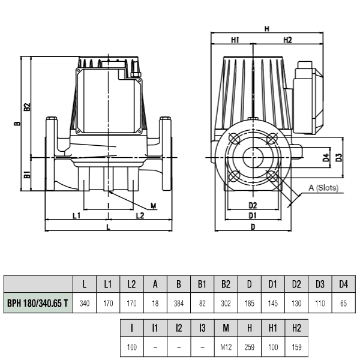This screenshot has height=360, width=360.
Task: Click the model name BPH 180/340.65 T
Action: click(38, 303)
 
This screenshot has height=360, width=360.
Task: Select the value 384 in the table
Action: click(179, 304)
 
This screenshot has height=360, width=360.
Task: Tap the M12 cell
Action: click(226, 347)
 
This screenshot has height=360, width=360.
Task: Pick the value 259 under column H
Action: click(250, 347)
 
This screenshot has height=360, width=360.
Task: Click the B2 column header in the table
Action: click(226, 284)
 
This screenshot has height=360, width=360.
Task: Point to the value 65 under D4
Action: click(343, 304)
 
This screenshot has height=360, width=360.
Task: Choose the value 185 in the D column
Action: click(250, 304)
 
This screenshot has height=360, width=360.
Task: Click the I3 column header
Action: click(202, 328)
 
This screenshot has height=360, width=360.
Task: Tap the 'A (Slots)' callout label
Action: click(323, 188)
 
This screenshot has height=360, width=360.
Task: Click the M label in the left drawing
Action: click(154, 206)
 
